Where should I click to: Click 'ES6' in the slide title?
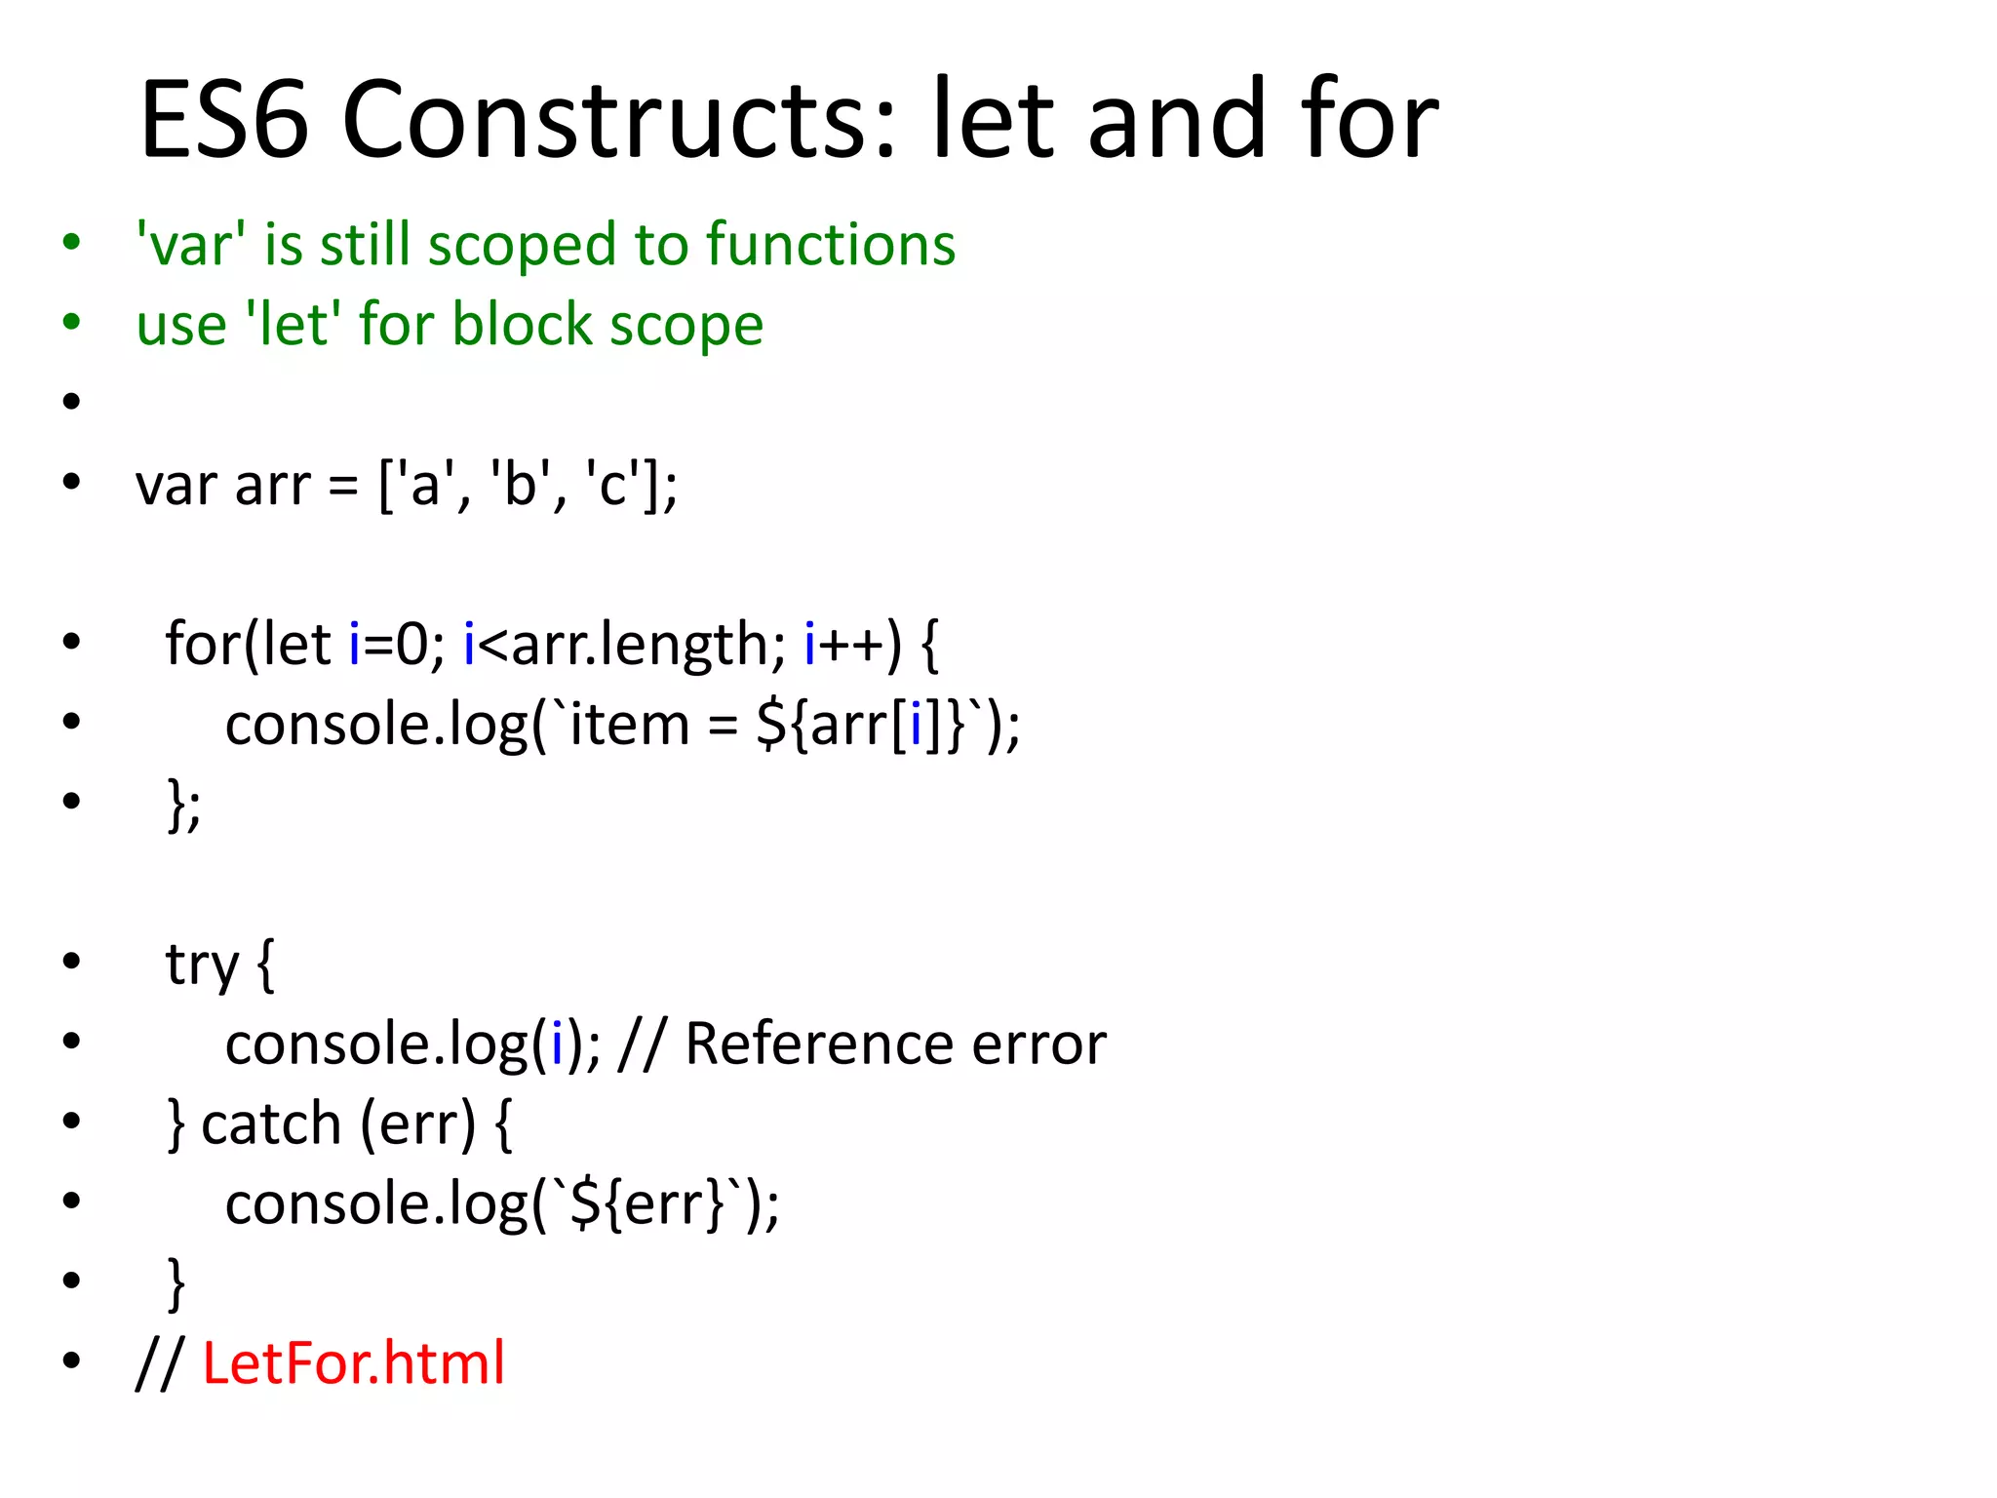[224, 119]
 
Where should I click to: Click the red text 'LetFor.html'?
[353, 1362]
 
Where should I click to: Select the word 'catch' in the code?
[270, 1123]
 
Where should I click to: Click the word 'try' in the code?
[202, 966]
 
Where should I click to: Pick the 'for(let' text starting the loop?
[249, 644]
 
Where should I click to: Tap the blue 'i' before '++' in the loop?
[809, 644]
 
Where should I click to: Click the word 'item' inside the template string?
[629, 725]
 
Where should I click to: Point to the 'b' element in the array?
[520, 485]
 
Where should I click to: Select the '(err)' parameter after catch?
[417, 1124]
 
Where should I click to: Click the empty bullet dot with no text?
[71, 401]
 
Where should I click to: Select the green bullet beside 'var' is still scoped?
[71, 242]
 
